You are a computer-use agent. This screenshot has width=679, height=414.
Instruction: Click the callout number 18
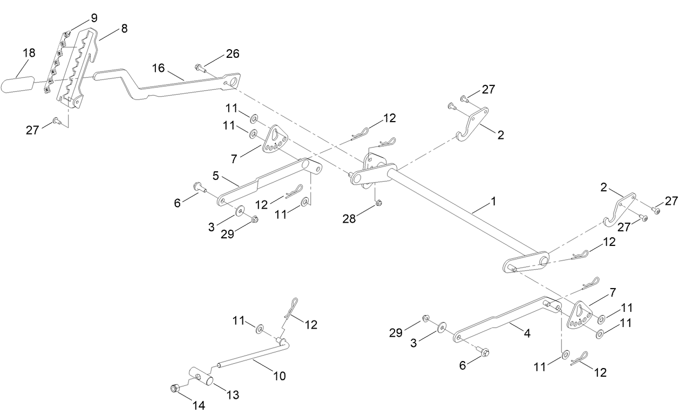click(29, 53)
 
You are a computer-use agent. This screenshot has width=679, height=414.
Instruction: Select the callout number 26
click(232, 54)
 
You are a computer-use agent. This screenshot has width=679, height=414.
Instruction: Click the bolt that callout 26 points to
click(198, 68)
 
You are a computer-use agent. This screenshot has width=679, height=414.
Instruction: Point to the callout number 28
click(349, 218)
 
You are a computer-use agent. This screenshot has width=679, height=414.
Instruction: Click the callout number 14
click(199, 405)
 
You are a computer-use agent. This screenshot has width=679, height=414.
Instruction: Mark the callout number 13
click(232, 396)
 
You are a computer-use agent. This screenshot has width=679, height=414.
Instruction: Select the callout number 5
click(215, 176)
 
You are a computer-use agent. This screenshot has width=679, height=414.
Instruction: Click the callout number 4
click(527, 333)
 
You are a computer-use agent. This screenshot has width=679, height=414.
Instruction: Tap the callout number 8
click(124, 28)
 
